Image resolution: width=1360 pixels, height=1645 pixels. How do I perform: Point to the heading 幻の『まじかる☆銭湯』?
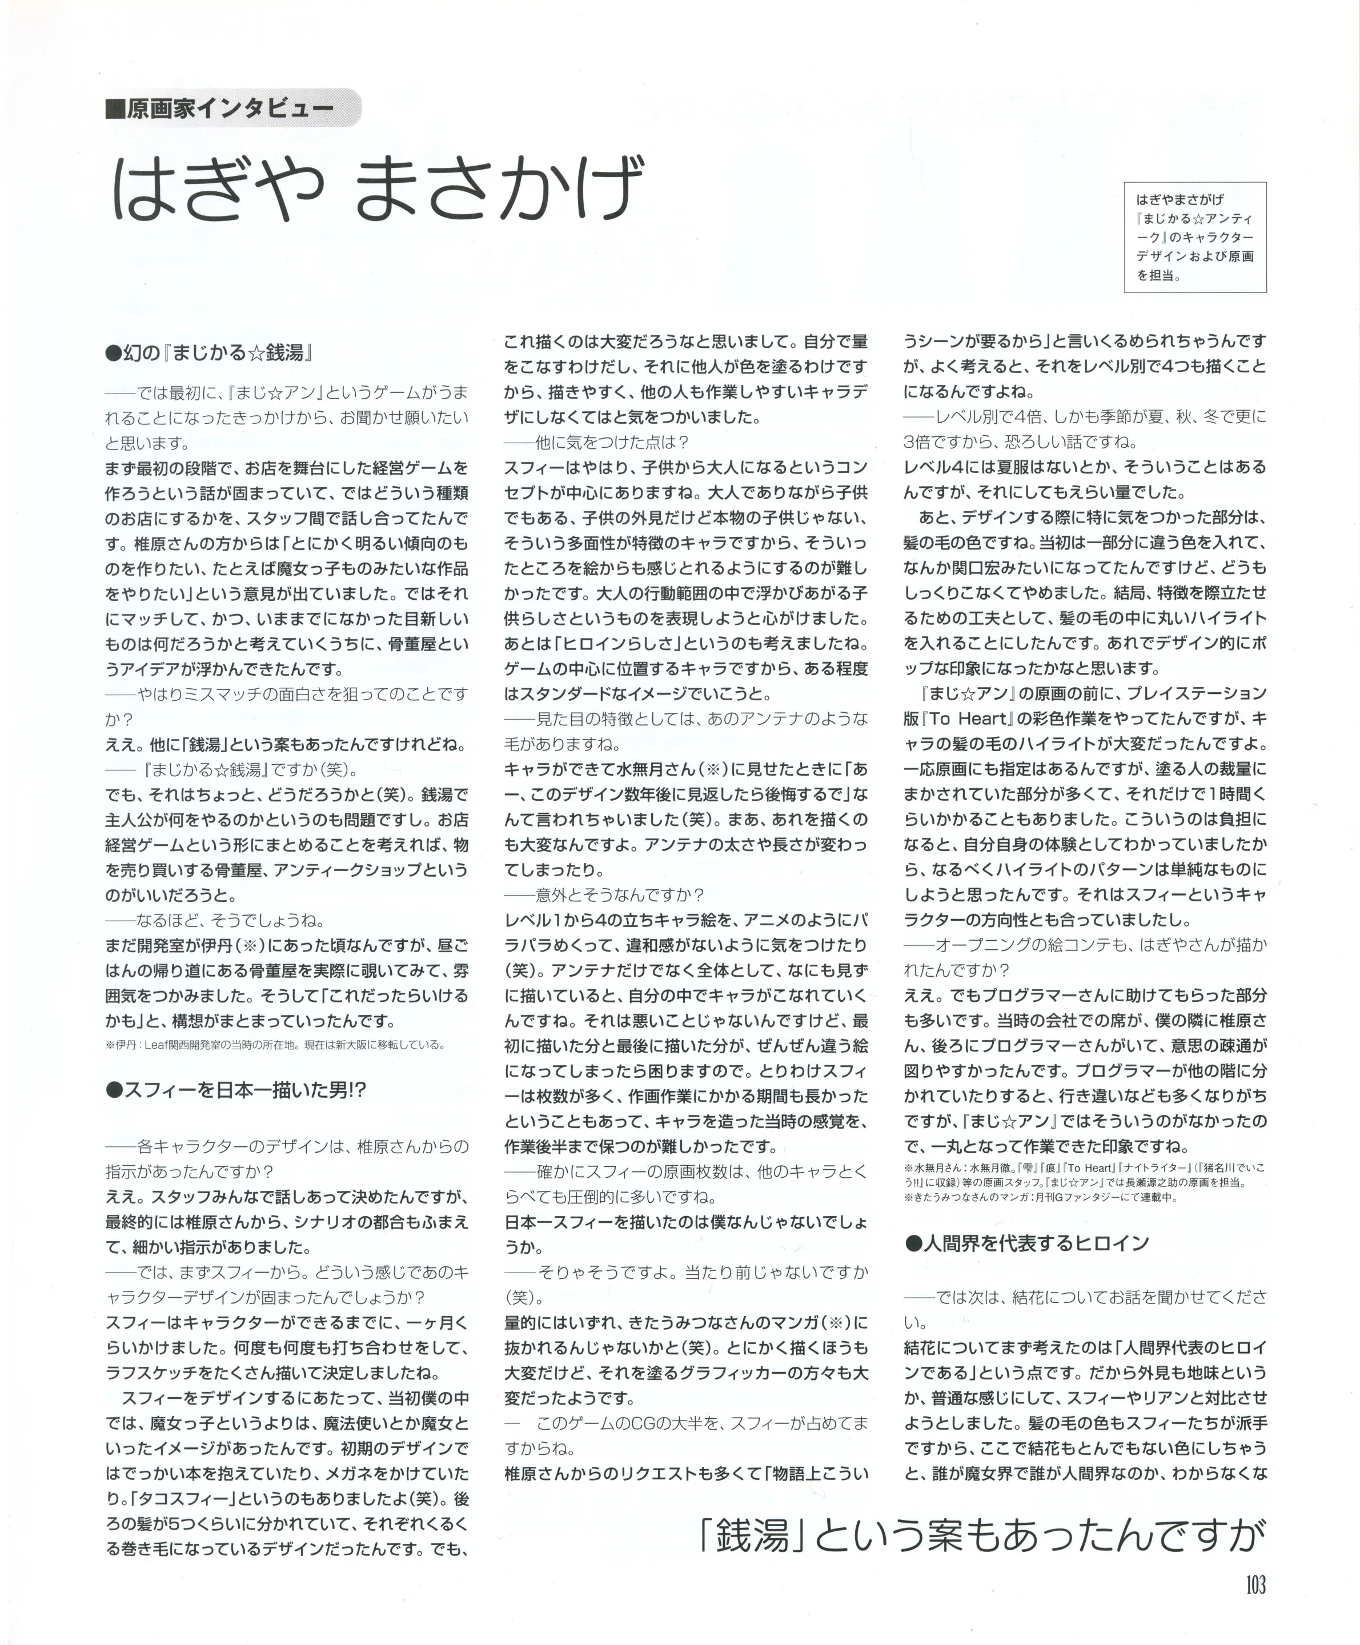click(208, 354)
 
